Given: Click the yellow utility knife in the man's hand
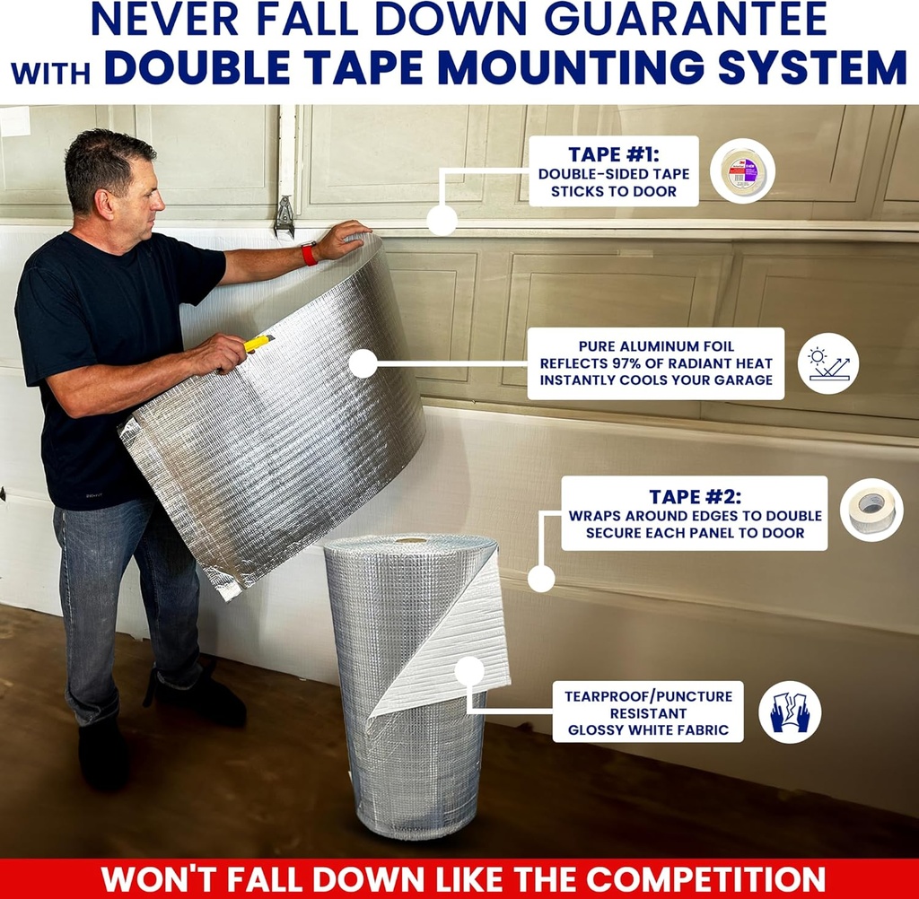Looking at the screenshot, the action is click(258, 343).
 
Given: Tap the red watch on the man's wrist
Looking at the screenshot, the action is click(309, 253).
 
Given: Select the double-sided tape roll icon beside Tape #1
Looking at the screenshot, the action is click(742, 171).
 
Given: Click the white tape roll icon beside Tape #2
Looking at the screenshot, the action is click(871, 510).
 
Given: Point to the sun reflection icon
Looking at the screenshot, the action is click(828, 363).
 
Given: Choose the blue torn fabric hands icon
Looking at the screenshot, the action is click(790, 711).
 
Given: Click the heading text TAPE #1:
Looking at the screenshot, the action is click(614, 154).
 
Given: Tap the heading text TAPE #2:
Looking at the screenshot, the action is click(696, 497).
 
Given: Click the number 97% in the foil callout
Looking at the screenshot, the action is click(624, 363).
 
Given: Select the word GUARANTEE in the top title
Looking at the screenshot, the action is click(687, 20).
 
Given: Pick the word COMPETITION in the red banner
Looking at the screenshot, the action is click(705, 879).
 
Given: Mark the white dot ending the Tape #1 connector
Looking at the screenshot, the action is click(442, 221).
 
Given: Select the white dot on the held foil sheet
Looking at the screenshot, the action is click(363, 363).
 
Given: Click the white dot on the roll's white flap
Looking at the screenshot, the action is click(469, 670).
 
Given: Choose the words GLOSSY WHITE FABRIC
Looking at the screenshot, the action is click(648, 729).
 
